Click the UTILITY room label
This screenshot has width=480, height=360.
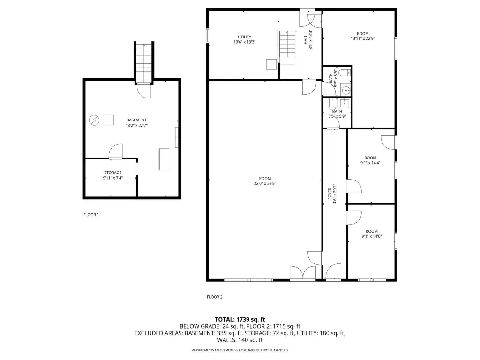245,37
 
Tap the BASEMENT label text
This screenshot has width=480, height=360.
136,120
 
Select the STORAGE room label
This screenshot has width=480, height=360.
112,172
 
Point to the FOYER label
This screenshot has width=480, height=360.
330,194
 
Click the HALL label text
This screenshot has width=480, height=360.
306,39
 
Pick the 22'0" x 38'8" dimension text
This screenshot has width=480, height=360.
265,184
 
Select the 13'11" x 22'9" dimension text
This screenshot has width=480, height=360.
363,39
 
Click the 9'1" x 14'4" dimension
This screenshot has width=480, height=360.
370,163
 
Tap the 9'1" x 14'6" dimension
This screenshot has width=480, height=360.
372,236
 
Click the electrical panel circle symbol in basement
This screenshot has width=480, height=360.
94,120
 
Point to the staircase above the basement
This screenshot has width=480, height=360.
144,63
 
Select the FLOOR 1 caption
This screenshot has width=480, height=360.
91,215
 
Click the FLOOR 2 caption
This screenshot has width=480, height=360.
215,297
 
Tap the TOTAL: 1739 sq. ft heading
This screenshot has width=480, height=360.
240,320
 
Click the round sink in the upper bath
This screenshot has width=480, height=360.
346,90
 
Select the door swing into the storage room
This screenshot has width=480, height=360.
116,151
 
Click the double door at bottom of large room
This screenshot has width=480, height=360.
303,273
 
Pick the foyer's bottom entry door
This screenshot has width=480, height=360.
333,272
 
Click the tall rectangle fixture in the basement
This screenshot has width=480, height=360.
164,159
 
